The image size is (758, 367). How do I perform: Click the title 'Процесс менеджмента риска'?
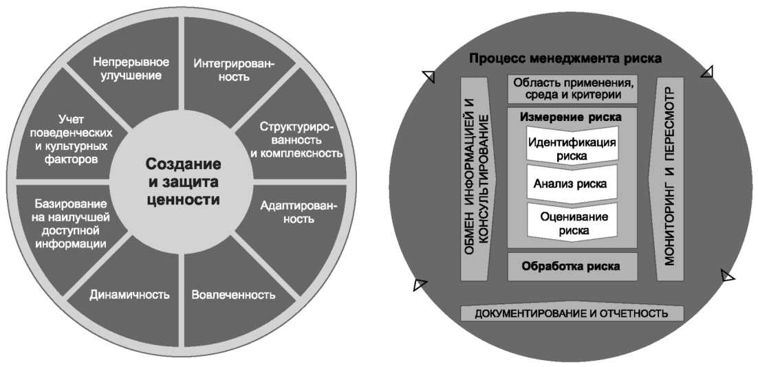pyautogui.click(x=565, y=59)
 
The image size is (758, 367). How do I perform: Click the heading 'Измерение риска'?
pyautogui.click(x=571, y=117)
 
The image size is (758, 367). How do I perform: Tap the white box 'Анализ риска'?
pyautogui.click(x=571, y=184)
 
